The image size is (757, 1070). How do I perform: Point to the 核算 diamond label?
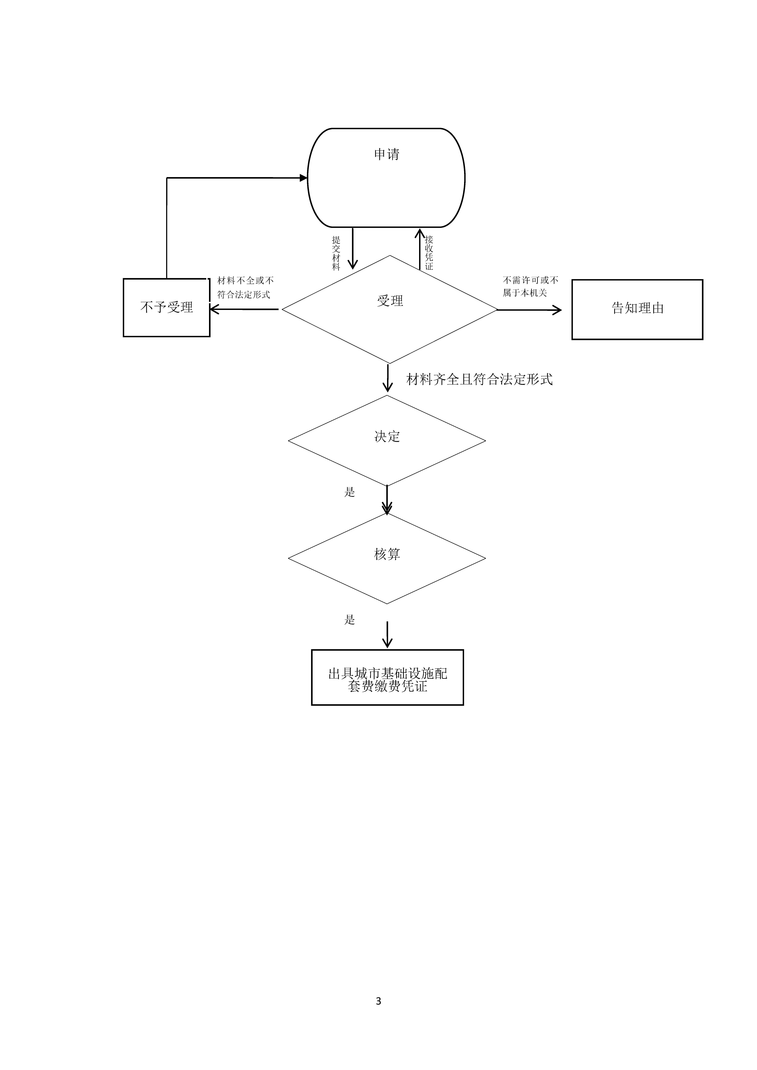(x=387, y=554)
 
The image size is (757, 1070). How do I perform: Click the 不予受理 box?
(x=166, y=308)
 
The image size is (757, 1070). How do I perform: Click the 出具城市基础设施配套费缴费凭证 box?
(x=387, y=680)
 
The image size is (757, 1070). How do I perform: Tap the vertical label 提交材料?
(x=336, y=253)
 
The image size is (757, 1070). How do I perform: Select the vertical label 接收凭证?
(x=429, y=253)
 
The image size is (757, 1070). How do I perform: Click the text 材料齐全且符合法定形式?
(x=479, y=379)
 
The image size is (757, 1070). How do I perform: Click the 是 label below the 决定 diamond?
(x=350, y=492)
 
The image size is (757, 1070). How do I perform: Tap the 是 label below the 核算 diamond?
(x=350, y=620)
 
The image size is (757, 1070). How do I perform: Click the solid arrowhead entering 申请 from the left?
(x=303, y=178)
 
